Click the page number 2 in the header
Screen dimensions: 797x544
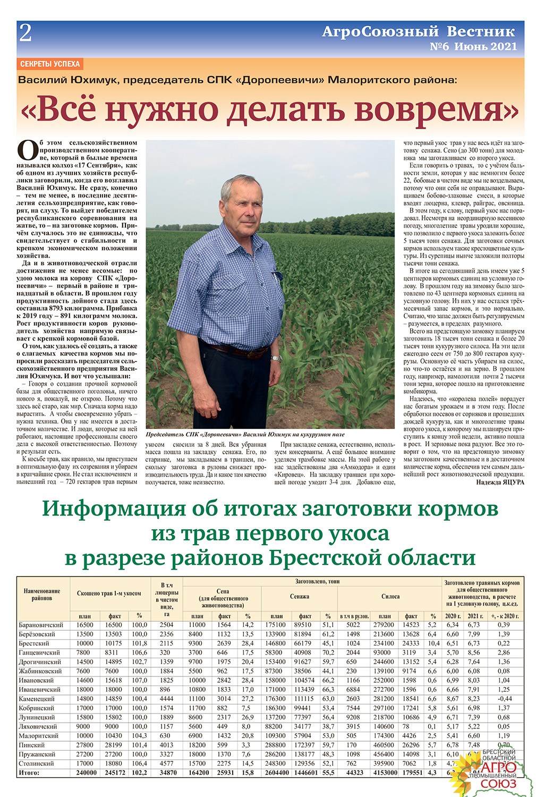[x=25, y=33]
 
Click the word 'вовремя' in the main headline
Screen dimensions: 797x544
[x=436, y=109]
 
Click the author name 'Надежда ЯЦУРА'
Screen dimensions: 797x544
[x=498, y=482]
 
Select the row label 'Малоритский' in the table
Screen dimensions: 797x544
[x=39, y=736]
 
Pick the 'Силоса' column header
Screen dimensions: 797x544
[x=390, y=597]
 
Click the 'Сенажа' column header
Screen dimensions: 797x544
[x=300, y=597]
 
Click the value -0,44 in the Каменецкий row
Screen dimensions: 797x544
[x=504, y=699]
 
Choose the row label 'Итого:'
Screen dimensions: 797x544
[x=29, y=773]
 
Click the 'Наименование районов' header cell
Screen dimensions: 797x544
[x=42, y=595]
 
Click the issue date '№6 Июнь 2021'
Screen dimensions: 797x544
[x=473, y=47]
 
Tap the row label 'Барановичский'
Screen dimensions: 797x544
[x=41, y=625]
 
